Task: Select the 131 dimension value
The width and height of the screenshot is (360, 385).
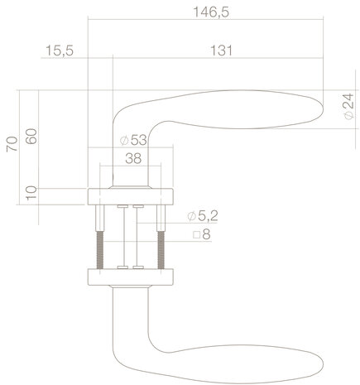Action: click(219, 51)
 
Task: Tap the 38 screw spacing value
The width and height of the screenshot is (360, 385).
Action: click(132, 159)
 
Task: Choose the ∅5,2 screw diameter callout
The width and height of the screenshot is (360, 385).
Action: click(202, 216)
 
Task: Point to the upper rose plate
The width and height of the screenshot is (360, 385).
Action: click(131, 196)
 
